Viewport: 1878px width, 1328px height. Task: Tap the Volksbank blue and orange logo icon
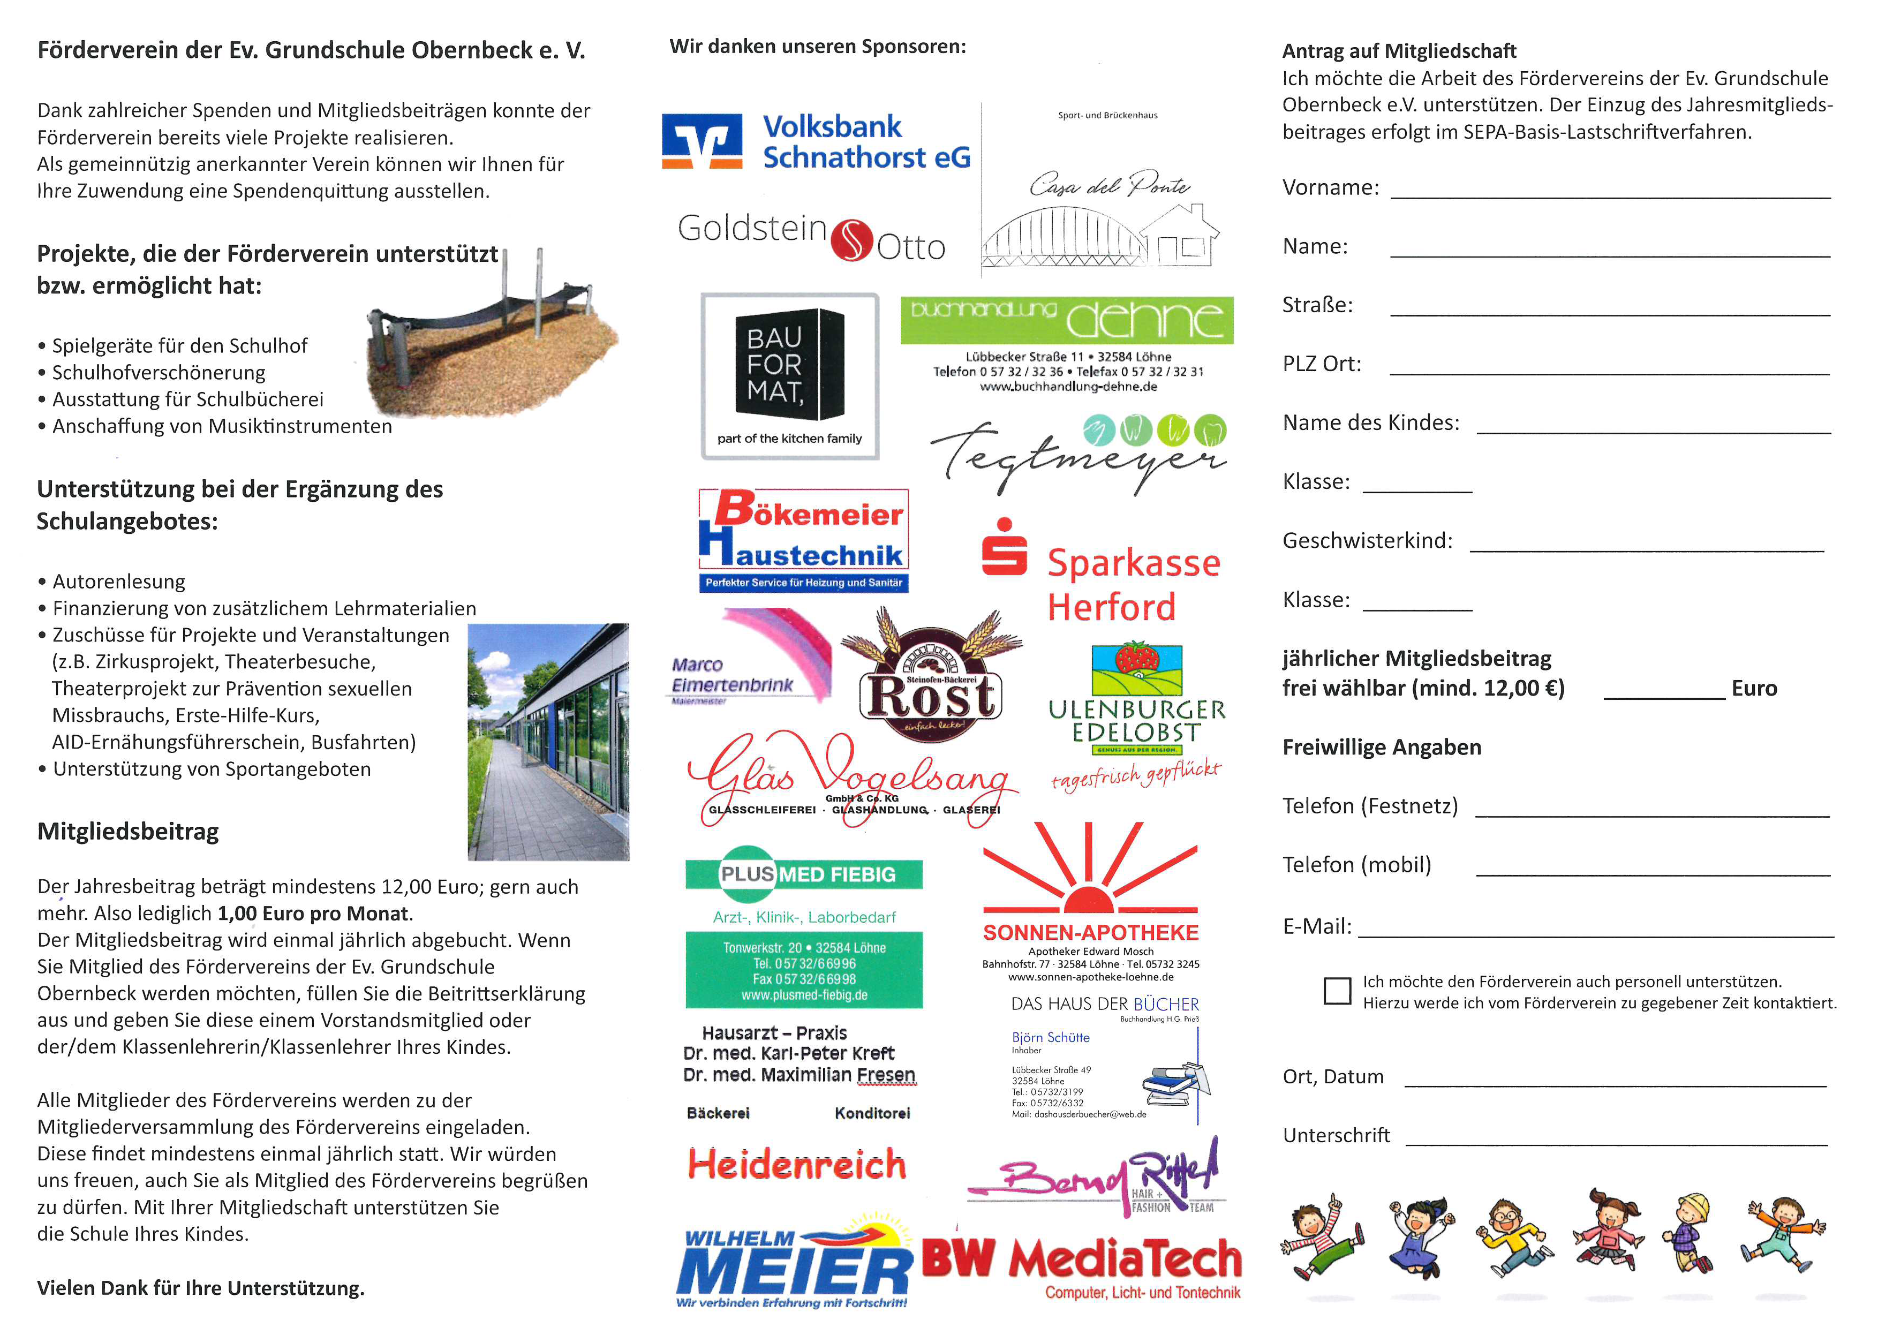[702, 141]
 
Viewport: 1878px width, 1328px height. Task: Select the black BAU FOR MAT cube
[789, 365]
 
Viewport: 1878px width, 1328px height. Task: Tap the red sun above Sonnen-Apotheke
[1090, 898]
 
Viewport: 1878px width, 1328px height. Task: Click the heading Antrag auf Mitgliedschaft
[1399, 51]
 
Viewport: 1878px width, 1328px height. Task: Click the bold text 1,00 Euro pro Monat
[312, 914]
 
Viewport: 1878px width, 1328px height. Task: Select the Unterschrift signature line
[1616, 1142]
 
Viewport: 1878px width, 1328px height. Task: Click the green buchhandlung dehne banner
[1067, 320]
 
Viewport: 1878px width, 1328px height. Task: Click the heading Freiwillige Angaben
[1382, 748]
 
